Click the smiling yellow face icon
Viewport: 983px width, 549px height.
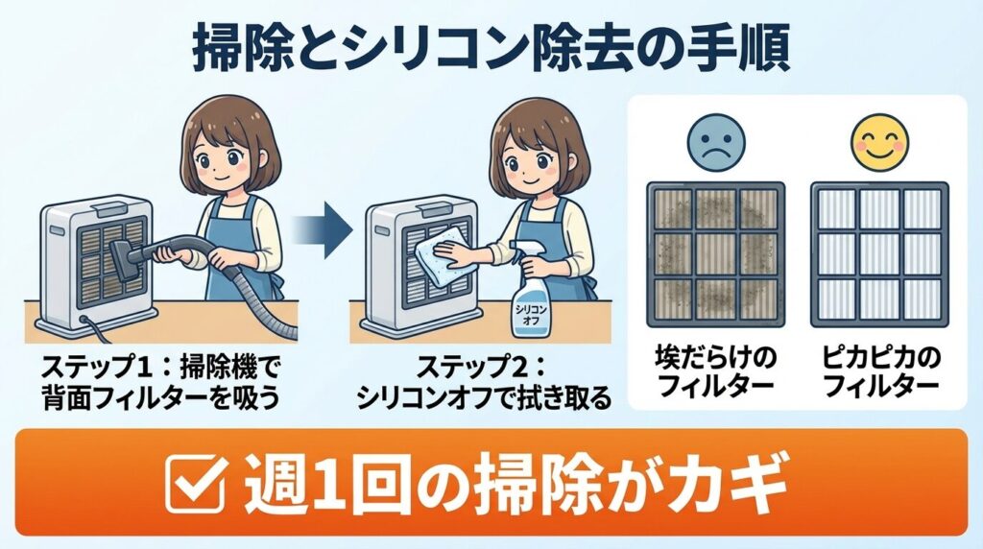tap(878, 141)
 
